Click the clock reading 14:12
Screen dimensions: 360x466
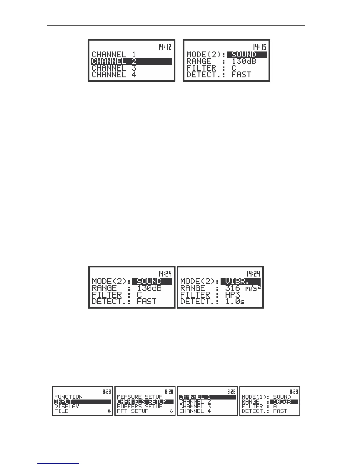165,47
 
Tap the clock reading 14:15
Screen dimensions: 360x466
260,47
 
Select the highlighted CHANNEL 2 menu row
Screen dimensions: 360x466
131,61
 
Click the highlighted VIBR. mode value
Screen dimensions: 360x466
240,282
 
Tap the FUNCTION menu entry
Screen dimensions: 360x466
69,397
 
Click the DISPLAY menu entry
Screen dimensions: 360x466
67,406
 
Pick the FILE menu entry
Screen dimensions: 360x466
61,411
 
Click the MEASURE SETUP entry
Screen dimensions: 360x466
140,397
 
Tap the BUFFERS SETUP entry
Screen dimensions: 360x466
140,406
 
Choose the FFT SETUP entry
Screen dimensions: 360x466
133,411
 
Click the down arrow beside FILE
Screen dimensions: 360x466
109,411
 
